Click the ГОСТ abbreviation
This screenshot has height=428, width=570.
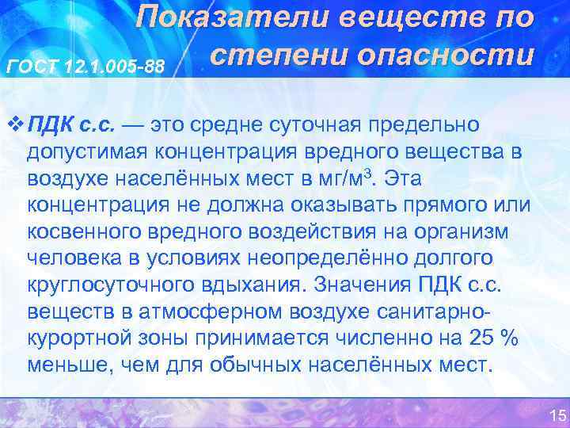(32, 67)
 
